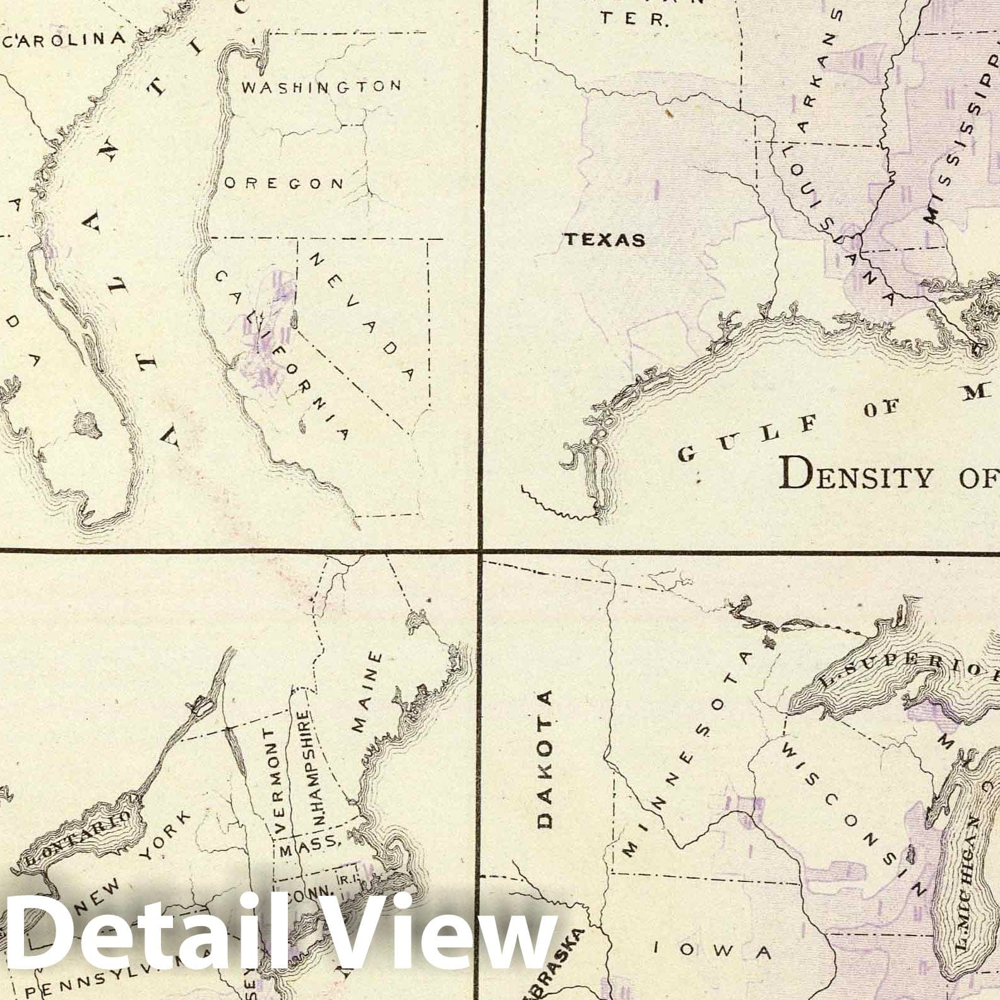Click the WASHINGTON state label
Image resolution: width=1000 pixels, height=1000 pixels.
coord(321,86)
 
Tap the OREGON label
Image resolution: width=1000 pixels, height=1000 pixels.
coord(285,183)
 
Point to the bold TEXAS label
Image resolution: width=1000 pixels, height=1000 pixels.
coord(605,240)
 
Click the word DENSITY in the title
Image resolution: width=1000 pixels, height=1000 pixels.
coord(856,475)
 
